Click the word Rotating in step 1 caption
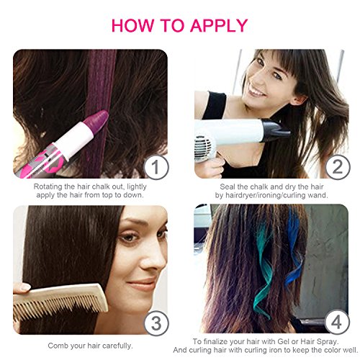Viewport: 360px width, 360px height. [x=48, y=185]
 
